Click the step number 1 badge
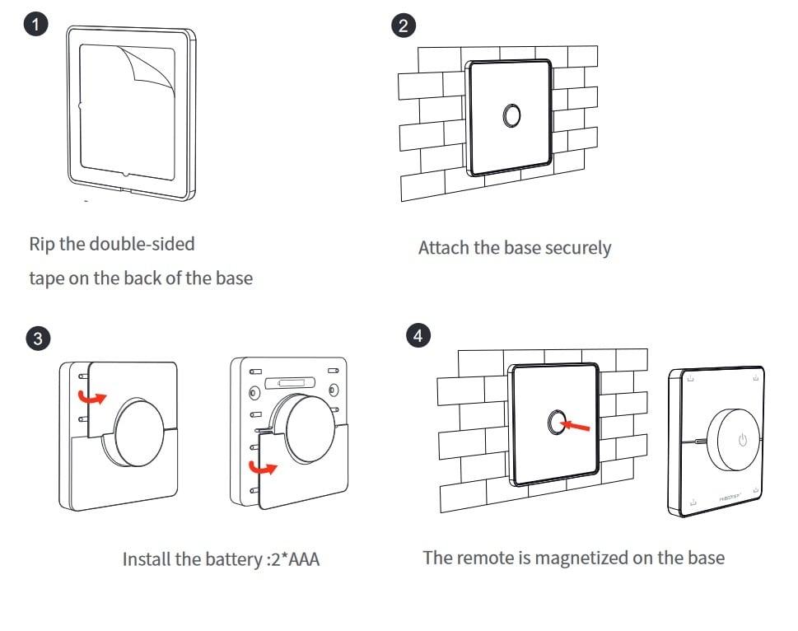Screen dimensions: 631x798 35,24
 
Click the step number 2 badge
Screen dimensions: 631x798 403,26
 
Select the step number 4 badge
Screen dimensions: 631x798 419,335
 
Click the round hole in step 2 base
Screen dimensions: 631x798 511,115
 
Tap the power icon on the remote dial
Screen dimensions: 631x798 742,439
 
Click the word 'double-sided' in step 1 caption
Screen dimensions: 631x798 142,244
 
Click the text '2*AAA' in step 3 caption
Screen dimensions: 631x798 296,560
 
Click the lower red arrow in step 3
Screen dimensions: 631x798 264,470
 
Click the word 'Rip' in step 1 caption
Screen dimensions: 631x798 42,244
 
